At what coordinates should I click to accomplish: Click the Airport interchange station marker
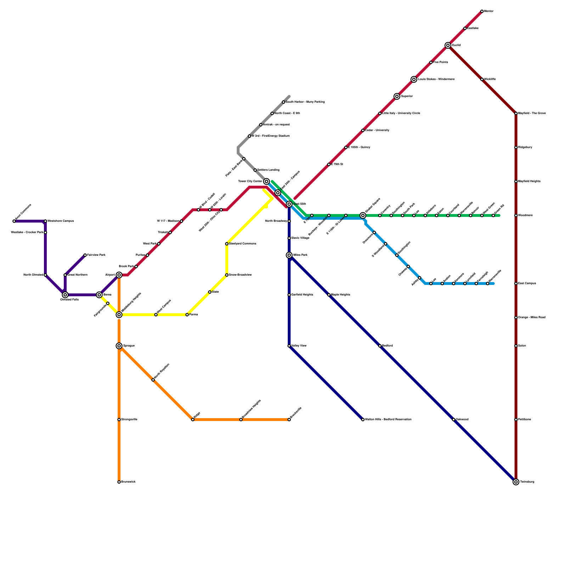pyautogui.click(x=119, y=275)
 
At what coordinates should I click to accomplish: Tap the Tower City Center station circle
pyautogui.click(x=266, y=181)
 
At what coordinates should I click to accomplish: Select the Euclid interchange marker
pyautogui.click(x=448, y=45)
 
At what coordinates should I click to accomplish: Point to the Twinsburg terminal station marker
pyautogui.click(x=516, y=482)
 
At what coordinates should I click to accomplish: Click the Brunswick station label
pyautogui.click(x=128, y=482)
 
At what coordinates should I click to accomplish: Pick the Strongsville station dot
pyautogui.click(x=119, y=420)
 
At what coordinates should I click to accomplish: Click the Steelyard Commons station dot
pyautogui.click(x=227, y=244)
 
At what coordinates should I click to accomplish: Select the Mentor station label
pyautogui.click(x=489, y=11)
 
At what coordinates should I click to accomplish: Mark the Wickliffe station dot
pyautogui.click(x=482, y=79)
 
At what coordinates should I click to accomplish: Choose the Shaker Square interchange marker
pyautogui.click(x=363, y=215)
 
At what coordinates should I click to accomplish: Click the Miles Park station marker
pyautogui.click(x=289, y=255)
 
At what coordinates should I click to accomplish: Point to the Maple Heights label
pyautogui.click(x=341, y=295)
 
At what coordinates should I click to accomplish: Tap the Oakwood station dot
pyautogui.click(x=454, y=420)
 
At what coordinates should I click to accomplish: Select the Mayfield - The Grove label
pyautogui.click(x=532, y=113)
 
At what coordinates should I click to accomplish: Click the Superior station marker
pyautogui.click(x=397, y=96)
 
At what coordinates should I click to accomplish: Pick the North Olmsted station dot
pyautogui.click(x=45, y=275)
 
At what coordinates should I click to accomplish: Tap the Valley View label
pyautogui.click(x=299, y=346)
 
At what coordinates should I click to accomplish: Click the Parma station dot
pyautogui.click(x=187, y=315)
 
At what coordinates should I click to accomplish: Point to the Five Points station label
pyautogui.click(x=440, y=62)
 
